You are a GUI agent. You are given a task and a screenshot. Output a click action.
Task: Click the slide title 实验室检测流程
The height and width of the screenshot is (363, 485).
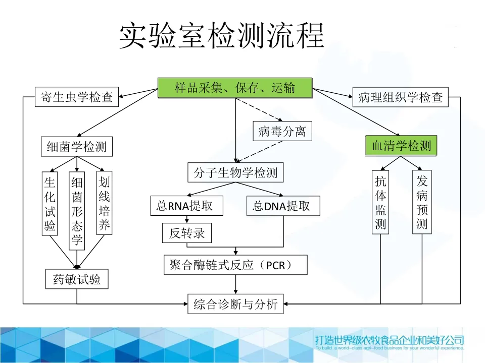221,36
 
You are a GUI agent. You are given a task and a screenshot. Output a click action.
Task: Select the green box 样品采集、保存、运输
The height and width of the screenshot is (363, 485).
235,88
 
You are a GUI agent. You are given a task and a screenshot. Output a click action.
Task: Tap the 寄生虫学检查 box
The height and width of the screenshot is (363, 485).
77,97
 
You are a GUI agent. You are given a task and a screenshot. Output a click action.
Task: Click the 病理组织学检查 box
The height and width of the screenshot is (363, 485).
400,97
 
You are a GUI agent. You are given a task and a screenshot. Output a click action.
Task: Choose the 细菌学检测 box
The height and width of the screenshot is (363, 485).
77,147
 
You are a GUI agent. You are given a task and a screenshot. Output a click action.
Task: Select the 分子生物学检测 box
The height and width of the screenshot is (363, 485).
235,173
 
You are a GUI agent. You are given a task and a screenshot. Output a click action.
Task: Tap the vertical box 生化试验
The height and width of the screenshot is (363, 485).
50,204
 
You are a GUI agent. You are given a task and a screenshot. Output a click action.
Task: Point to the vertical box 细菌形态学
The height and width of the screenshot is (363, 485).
77,211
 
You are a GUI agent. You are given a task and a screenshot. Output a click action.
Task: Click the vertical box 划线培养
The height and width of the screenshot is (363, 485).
104,204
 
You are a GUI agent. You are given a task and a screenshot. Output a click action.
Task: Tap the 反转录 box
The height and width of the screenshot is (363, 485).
186,233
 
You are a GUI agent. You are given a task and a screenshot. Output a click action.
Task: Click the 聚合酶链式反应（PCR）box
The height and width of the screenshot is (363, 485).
235,265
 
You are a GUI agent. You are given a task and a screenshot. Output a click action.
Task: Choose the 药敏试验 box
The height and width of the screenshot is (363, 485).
77,279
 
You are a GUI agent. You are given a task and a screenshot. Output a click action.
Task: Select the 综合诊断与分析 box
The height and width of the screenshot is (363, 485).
235,304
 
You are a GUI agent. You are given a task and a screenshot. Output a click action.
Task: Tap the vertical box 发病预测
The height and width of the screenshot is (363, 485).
422,202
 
